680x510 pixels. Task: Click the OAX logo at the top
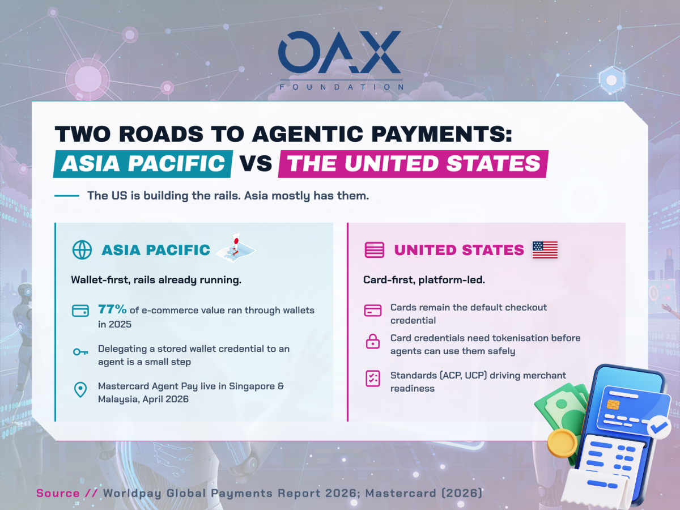click(340, 52)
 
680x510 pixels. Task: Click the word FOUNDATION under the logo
click(341, 87)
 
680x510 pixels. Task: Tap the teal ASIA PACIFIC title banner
click(143, 164)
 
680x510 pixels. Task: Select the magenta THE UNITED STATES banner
click(413, 164)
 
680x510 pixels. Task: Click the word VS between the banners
click(256, 164)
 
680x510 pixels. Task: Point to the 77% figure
click(112, 309)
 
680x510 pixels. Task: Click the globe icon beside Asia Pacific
click(82, 250)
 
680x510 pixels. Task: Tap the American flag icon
click(545, 249)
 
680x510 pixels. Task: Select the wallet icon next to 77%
click(80, 311)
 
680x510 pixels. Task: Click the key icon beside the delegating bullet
click(80, 352)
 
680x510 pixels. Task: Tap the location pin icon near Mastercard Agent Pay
click(80, 389)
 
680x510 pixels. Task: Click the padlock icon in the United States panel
click(373, 341)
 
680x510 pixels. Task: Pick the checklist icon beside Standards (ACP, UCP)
click(373, 379)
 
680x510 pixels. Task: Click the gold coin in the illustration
click(562, 443)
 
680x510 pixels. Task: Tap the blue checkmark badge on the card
click(659, 427)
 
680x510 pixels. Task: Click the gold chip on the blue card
click(613, 405)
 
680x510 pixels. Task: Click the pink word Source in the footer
click(58, 493)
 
